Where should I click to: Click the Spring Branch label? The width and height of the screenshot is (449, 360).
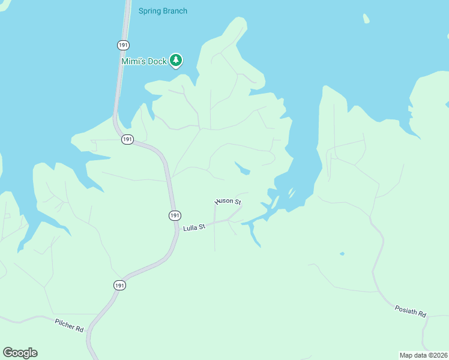(163, 11)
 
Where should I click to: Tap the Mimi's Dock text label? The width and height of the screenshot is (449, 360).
(143, 61)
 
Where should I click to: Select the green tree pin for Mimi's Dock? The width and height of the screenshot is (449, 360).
(176, 60)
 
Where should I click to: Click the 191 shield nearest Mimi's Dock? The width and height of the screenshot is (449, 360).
(122, 45)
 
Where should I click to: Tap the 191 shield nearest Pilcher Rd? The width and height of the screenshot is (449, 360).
(120, 286)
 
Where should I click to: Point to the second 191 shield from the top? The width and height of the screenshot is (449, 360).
(127, 139)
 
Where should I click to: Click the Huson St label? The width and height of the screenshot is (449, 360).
(228, 202)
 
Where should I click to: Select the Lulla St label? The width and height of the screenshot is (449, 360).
(194, 227)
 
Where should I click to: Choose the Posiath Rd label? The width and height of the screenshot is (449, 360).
(411, 311)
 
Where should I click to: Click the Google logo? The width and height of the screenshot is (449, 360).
(20, 353)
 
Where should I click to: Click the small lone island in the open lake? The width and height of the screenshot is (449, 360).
(366, 19)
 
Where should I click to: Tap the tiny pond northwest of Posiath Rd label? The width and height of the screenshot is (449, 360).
(342, 254)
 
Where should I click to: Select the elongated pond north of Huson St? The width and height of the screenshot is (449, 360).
(242, 168)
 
